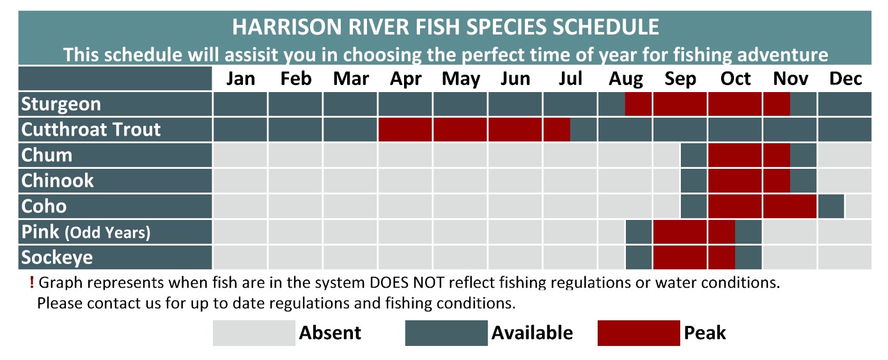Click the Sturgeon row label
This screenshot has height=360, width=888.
coord(61,104)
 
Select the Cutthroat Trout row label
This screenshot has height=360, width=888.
coord(91,130)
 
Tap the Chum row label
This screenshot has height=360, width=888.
coord(47,155)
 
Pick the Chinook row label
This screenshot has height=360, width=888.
coord(58,181)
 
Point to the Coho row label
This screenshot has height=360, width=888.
coord(43,207)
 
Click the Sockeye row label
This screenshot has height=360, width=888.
coord(57,258)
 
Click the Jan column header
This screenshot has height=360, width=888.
coord(240,79)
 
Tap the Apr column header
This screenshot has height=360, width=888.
coord(405,79)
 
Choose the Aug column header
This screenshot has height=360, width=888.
coord(625,79)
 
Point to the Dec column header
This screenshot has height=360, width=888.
coord(845,79)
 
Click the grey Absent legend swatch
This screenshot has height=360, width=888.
coord(254,333)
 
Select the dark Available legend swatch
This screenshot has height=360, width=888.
coord(446,333)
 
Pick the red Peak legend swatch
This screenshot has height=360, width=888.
coord(639,333)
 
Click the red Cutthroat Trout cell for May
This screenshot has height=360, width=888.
coord(460,130)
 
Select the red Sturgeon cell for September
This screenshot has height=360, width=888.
coord(680,104)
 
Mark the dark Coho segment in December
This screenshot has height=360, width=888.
coord(831,207)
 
